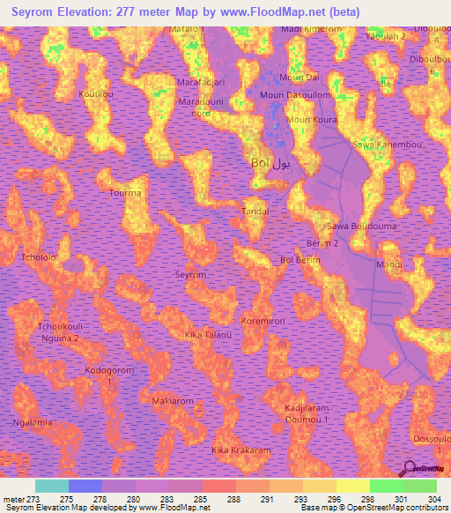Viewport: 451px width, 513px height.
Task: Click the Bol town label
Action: point(260,164)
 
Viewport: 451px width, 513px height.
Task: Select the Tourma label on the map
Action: point(124,192)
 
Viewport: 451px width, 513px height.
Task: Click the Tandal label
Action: point(255,212)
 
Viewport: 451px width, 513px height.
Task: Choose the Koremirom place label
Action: point(263,322)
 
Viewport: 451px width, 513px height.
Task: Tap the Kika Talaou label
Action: point(208,336)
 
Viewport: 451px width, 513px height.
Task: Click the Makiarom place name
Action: point(173,400)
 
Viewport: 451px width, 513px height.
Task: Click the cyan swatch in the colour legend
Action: point(52,487)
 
